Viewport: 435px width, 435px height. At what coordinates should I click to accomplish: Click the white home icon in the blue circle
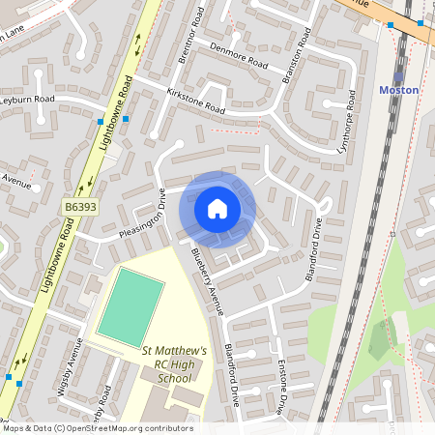pyautogui.click(x=217, y=209)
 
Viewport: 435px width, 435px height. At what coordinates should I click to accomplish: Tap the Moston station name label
pyautogui.click(x=399, y=90)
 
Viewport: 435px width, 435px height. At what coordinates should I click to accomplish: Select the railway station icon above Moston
pyautogui.click(x=398, y=75)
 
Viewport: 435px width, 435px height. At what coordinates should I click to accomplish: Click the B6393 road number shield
pyautogui.click(x=82, y=207)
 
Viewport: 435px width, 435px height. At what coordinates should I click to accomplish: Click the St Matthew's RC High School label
pyautogui.click(x=175, y=363)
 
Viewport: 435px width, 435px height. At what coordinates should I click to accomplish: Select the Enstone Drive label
pyautogui.click(x=281, y=387)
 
